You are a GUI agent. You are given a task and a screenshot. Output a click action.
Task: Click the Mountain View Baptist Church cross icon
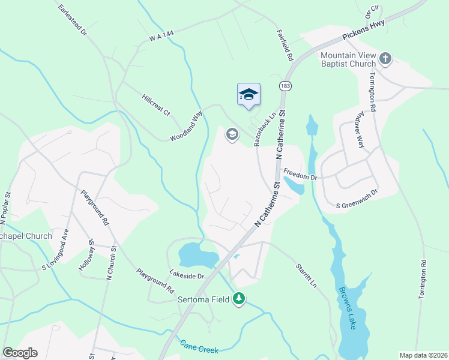(x=385, y=59)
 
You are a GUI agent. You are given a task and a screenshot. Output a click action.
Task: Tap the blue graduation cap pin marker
(x=249, y=95)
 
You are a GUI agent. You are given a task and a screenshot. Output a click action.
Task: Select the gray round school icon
(x=232, y=134)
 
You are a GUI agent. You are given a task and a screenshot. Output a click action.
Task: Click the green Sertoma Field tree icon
(x=239, y=299)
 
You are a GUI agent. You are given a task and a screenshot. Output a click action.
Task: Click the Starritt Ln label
(x=306, y=275)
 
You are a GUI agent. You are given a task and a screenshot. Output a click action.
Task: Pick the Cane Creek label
(x=199, y=346)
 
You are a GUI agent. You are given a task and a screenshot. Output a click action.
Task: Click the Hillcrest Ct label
(x=156, y=106)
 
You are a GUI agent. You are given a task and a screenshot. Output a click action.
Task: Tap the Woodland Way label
(x=187, y=127)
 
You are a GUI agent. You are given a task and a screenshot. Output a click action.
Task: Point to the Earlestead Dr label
(x=73, y=20)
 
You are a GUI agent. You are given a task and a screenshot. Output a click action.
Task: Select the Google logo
(x=20, y=353)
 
